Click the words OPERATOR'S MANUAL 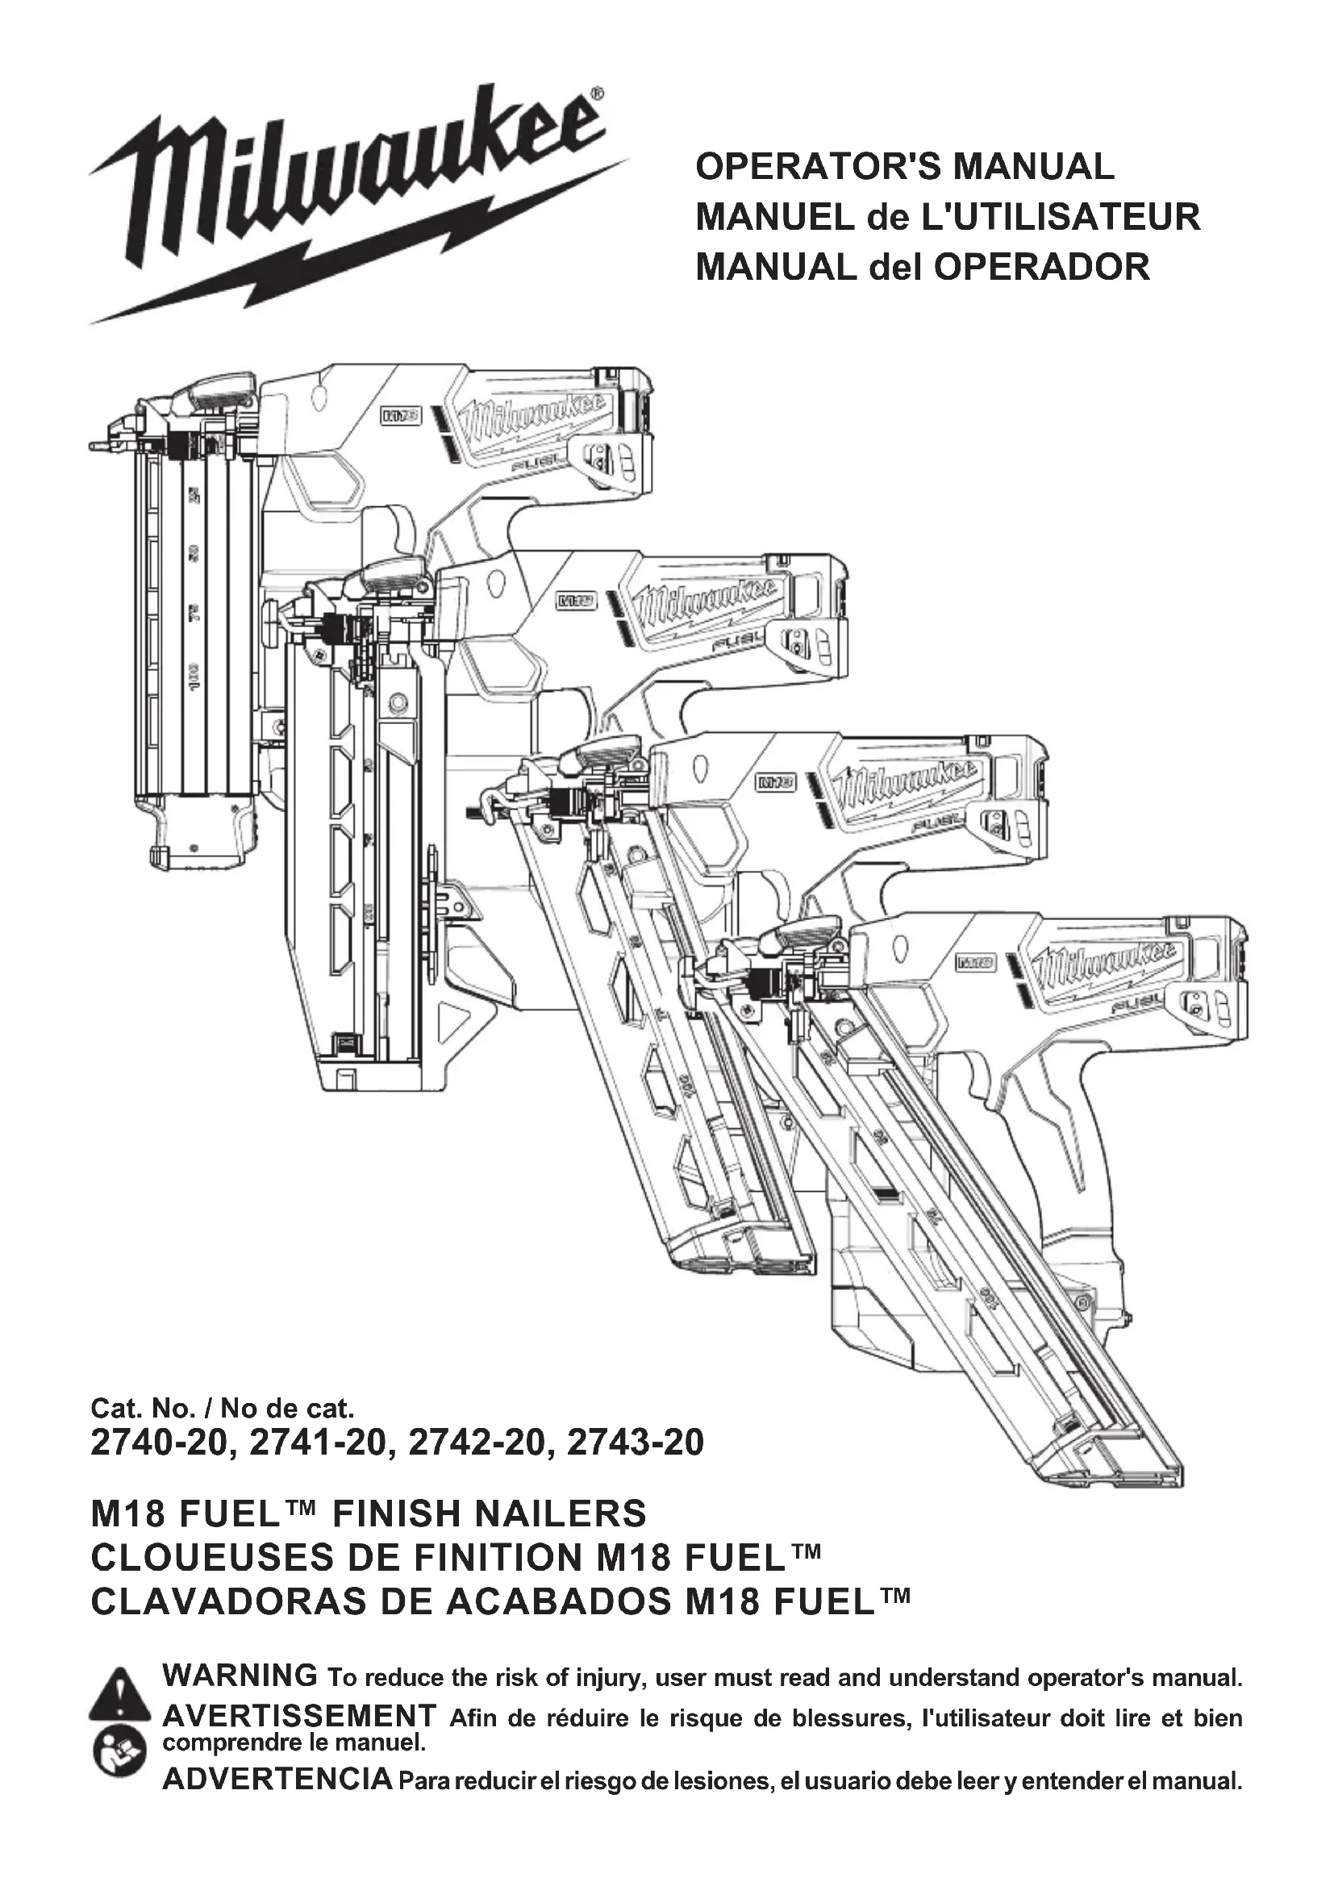(904, 167)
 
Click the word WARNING (240, 1675)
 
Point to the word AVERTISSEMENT (299, 1716)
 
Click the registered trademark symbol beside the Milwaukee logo (597, 95)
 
